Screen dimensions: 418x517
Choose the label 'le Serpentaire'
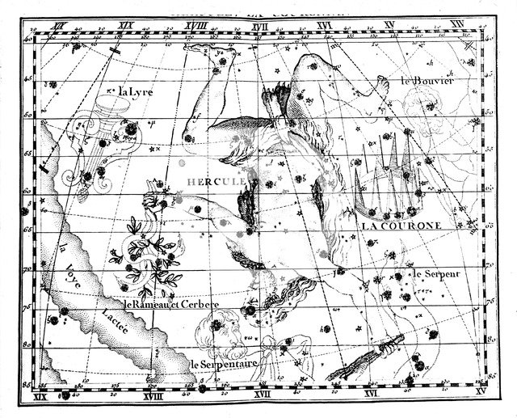pyautogui.click(x=224, y=365)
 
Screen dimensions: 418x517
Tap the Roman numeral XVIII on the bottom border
pyautogui.click(x=153, y=396)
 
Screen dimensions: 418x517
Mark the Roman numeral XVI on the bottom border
pyautogui.click(x=371, y=395)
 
